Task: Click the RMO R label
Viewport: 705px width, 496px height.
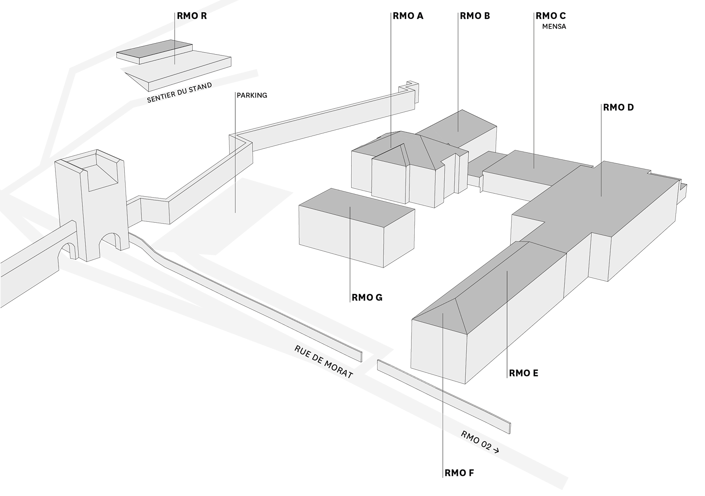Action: pos(192,16)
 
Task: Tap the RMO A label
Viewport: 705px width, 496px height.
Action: pos(408,16)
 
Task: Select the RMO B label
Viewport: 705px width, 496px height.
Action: pos(475,16)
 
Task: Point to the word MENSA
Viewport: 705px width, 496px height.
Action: pos(554,26)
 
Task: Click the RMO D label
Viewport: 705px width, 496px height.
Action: pos(618,107)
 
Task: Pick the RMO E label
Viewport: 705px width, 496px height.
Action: pos(523,373)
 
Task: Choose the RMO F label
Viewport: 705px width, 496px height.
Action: pos(459,473)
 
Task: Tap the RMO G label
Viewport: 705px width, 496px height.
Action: pos(367,298)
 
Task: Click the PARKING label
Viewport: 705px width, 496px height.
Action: pos(252,95)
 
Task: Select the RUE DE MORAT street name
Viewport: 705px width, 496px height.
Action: pos(324,362)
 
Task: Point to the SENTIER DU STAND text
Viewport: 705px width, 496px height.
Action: pos(179,93)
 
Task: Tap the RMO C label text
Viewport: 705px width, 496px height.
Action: pos(551,16)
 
